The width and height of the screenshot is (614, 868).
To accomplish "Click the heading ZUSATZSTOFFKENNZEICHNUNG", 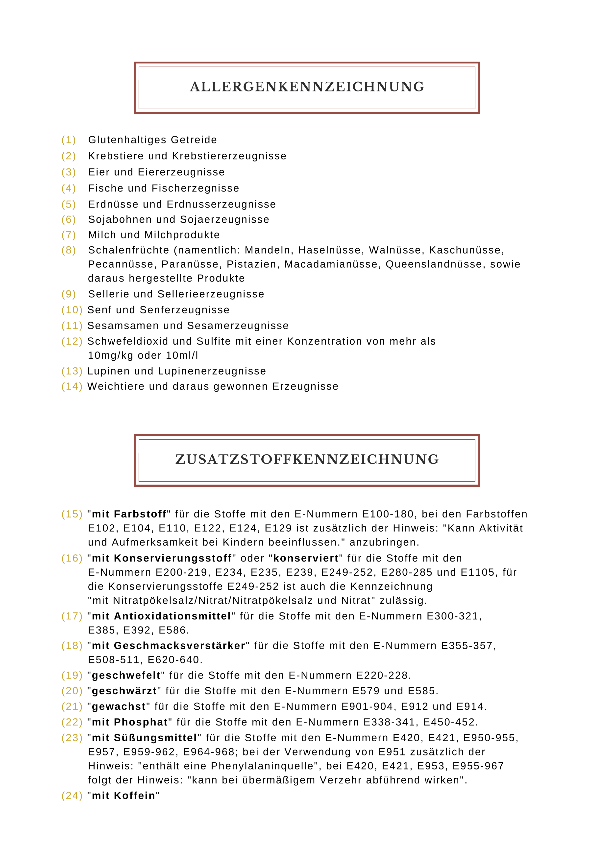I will [x=307, y=459].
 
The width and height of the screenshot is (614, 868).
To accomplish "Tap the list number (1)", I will [x=69, y=140].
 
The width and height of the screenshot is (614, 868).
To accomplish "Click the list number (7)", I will [x=69, y=235].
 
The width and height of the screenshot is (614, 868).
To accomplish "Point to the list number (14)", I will [x=72, y=386].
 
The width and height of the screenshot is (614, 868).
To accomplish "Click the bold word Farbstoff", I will [x=140, y=514].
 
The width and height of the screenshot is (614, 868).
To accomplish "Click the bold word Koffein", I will [x=135, y=796].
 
